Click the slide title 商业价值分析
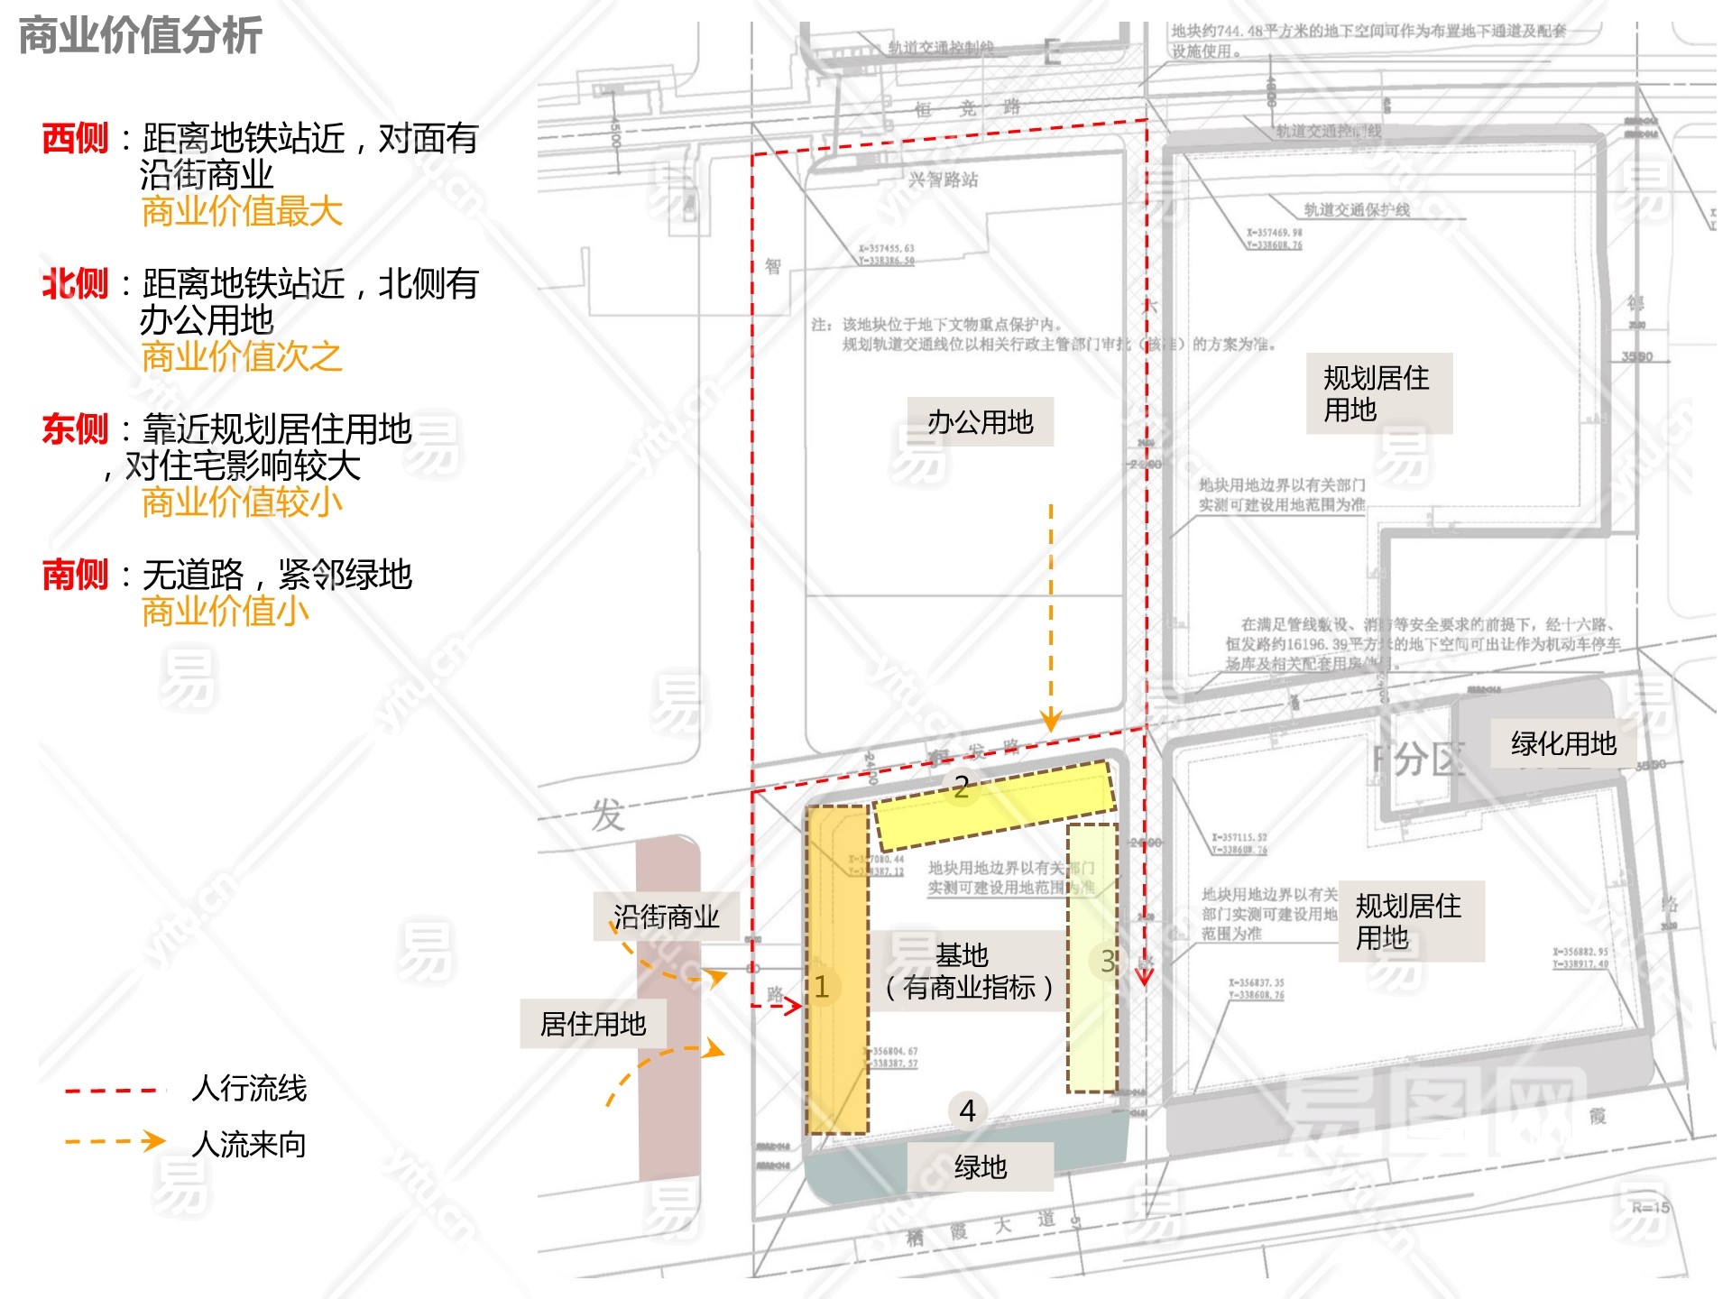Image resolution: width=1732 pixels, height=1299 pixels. coord(140,36)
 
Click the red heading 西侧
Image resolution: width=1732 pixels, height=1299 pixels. coord(75,139)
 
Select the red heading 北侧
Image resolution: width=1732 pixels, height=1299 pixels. coord(75,284)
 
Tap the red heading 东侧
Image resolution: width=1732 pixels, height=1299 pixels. coord(75,429)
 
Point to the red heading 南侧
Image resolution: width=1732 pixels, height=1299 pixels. coord(75,575)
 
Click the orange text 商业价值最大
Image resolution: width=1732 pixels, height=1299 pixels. coord(242,212)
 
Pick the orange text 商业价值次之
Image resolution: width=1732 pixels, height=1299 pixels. coord(242,357)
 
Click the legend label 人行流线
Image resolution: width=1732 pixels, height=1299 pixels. coord(249,1088)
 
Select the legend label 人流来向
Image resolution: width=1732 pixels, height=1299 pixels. coord(249,1144)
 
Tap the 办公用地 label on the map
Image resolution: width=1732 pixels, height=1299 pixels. coord(980,421)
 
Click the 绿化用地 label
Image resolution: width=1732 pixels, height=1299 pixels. coord(1563,743)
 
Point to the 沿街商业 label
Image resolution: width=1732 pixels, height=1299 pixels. coord(666,917)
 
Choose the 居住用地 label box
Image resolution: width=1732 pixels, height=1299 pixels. coord(593,1024)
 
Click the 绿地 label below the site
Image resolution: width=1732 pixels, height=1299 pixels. coord(980,1166)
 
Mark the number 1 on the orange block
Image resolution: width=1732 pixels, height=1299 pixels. coord(822,986)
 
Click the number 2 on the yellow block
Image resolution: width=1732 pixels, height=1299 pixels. coord(962,788)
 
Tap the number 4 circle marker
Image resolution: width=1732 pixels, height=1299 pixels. coord(967,1110)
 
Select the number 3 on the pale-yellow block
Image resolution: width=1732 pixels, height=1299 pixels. coord(1108,961)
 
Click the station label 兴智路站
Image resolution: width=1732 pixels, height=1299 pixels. coord(943,180)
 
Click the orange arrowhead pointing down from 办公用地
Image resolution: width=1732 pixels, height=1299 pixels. coord(1050,721)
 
